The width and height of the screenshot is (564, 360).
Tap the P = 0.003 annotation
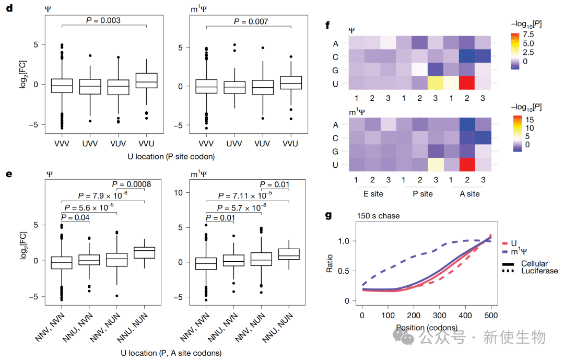click(x=103, y=20)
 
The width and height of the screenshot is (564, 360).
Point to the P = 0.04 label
click(x=76, y=217)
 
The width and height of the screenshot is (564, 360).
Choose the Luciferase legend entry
click(x=539, y=271)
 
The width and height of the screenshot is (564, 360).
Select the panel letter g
click(x=328, y=215)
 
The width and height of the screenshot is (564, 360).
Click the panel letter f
click(x=327, y=25)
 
